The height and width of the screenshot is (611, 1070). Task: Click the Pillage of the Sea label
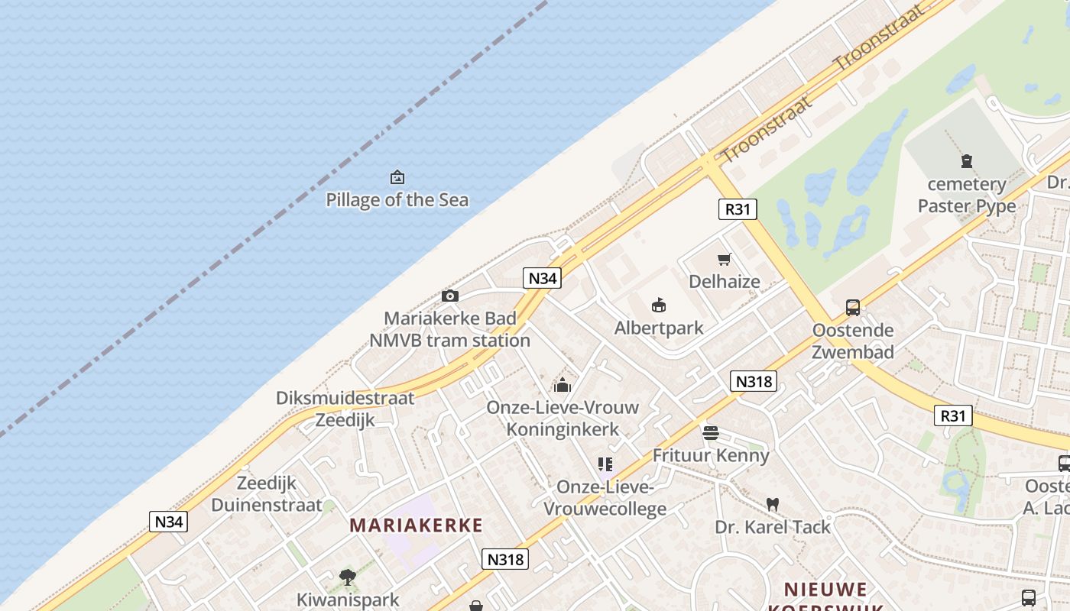pos(397,200)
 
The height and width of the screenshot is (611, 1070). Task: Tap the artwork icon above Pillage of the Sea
pos(397,177)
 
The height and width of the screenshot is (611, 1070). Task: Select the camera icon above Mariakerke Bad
pos(450,296)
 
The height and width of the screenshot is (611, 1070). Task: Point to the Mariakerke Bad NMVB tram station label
pos(449,329)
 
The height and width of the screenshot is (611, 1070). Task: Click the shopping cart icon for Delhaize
pos(724,260)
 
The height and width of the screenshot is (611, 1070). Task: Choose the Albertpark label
pos(659,328)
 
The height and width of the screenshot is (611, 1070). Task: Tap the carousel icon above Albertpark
pos(659,305)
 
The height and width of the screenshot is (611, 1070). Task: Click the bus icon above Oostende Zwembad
pos(853,308)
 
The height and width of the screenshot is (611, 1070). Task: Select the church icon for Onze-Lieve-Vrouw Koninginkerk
pos(563,384)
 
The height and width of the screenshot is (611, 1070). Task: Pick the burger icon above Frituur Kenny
pos(711,433)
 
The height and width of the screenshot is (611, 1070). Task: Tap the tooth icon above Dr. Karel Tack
pos(773,504)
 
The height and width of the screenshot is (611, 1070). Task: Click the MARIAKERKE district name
pos(416,525)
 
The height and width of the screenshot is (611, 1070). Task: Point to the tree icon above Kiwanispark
pos(348,577)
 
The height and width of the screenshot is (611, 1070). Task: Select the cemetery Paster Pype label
pos(967,195)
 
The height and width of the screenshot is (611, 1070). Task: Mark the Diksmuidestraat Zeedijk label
pos(345,409)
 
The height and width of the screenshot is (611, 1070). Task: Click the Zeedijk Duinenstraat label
pos(267,493)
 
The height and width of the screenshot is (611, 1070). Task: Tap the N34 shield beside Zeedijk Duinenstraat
pos(168,522)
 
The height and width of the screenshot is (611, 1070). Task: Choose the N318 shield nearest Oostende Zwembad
pos(754,381)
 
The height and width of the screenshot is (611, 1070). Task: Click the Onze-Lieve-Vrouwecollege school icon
pos(605,464)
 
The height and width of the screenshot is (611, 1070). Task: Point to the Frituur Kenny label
pos(711,455)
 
